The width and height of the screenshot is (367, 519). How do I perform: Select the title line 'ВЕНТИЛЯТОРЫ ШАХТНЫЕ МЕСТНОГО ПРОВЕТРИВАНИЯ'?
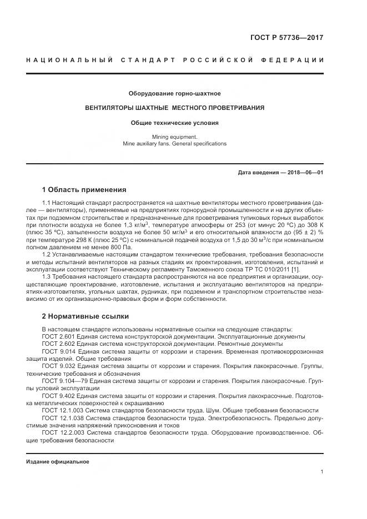pyautogui.click(x=174, y=108)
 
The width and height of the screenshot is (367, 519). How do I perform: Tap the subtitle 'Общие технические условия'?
pyautogui.click(x=174, y=123)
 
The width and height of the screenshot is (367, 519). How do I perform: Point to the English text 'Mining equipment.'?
pyautogui.click(x=174, y=136)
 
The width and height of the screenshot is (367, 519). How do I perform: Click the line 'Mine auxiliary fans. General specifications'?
pyautogui.click(x=174, y=143)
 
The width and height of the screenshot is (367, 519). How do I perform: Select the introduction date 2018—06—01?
pyautogui.click(x=304, y=173)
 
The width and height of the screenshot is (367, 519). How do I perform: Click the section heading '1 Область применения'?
pyautogui.click(x=84, y=189)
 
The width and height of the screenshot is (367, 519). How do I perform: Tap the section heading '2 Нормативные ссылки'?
pyautogui.click(x=85, y=316)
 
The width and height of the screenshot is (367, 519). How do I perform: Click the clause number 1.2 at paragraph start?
pyautogui.click(x=47, y=254)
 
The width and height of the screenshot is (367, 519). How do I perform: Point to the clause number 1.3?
pyautogui.click(x=47, y=276)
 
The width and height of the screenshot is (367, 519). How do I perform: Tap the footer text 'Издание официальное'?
pyautogui.click(x=58, y=462)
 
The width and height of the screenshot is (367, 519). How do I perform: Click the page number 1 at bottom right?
pyautogui.click(x=321, y=472)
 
